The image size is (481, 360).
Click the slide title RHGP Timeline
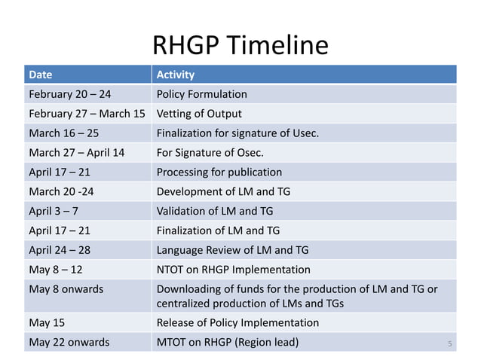[240, 46]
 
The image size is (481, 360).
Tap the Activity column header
[175, 75]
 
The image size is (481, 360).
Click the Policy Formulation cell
[201, 94]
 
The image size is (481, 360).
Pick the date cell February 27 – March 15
[87, 114]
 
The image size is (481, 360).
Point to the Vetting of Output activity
[199, 114]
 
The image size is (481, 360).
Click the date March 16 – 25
[63, 133]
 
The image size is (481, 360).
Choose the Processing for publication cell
[219, 172]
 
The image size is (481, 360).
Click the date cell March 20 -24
[61, 191]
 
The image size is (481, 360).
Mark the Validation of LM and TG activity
[215, 211]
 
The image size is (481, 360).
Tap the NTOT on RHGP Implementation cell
[233, 270]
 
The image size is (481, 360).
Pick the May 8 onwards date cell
[66, 289]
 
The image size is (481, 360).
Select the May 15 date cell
[46, 322]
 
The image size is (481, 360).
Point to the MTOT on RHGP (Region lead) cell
[227, 342]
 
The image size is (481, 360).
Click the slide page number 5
[449, 344]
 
